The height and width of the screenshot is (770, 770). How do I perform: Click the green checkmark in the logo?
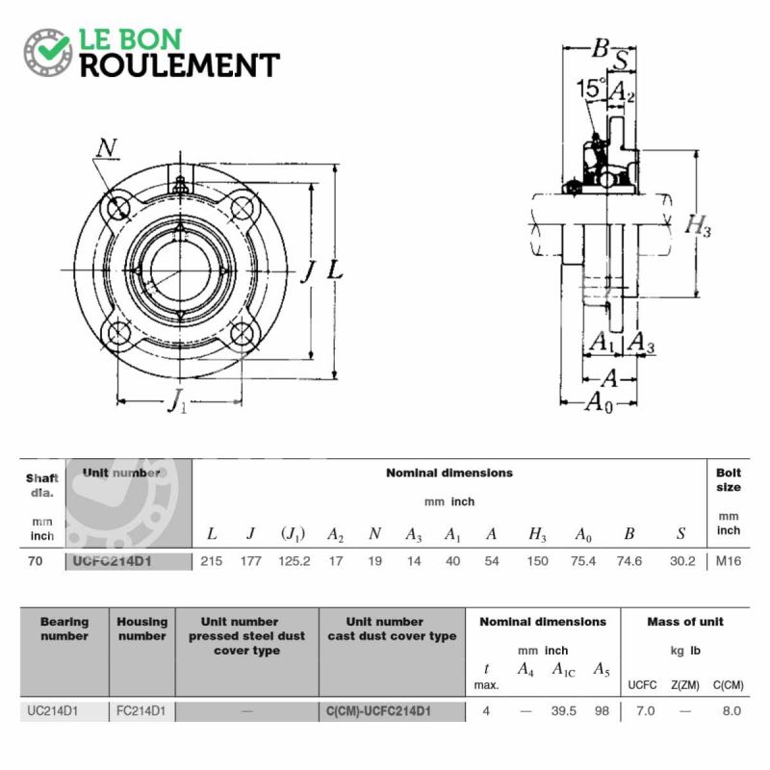[54, 46]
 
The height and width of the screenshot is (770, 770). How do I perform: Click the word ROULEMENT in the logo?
[180, 65]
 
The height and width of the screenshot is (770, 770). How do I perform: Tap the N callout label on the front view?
[107, 147]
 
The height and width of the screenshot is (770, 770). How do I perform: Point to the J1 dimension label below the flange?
[177, 400]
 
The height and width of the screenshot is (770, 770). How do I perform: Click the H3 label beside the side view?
[698, 225]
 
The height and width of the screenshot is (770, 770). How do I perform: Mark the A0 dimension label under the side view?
[600, 402]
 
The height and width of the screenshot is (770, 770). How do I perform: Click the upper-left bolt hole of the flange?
[117, 209]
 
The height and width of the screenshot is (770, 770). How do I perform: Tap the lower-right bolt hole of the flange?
[243, 333]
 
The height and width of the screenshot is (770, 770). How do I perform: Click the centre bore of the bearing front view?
[180, 270]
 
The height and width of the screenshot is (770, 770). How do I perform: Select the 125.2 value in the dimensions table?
[295, 561]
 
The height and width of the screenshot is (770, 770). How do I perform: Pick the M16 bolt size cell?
[729, 561]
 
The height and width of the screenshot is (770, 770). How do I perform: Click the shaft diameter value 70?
[36, 561]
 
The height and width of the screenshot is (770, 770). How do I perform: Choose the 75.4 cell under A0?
[583, 561]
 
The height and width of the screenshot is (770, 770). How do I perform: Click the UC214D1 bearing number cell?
[53, 710]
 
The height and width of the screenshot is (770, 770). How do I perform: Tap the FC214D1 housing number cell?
[141, 710]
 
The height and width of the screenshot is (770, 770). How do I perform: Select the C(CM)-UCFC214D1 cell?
[378, 711]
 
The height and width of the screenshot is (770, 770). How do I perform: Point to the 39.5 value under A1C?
[564, 710]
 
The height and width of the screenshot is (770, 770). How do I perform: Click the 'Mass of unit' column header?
[685, 622]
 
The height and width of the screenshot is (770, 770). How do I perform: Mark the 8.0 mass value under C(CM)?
[731, 710]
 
